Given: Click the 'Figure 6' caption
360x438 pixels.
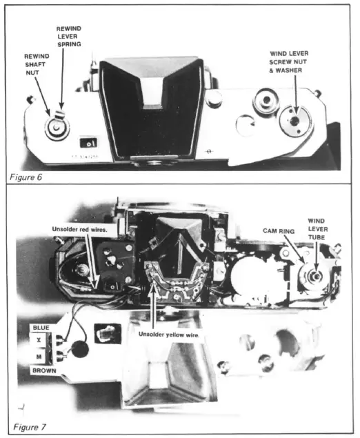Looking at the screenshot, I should click(x=26, y=177).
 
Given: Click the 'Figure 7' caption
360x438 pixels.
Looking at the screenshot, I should click(x=27, y=426).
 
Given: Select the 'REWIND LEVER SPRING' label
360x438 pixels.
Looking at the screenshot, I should click(x=68, y=36).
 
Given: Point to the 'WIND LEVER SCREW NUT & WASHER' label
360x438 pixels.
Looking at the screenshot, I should click(x=295, y=59).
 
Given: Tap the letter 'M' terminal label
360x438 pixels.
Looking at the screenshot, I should click(x=39, y=356).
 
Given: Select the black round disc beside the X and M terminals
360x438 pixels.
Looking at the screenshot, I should click(x=80, y=348).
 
